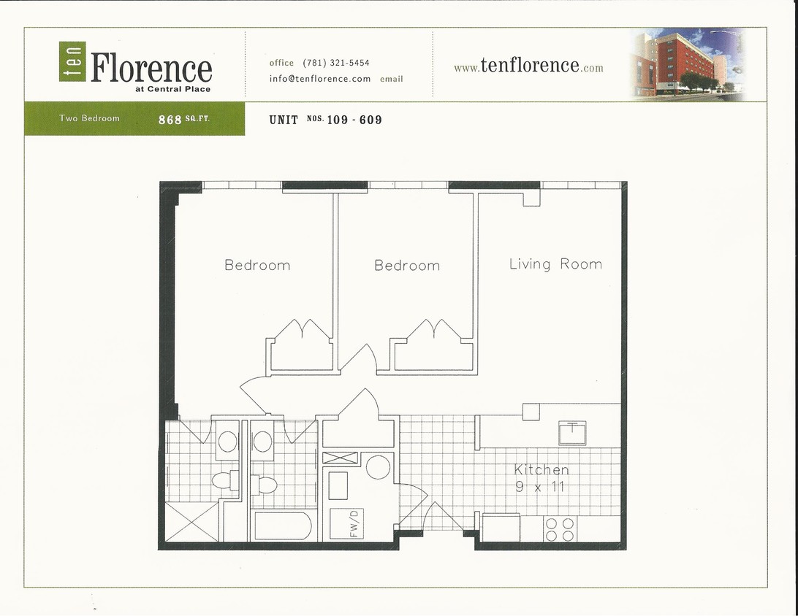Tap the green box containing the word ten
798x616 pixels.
(72, 61)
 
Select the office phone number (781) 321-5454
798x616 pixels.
(336, 63)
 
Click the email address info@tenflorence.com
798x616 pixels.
(320, 79)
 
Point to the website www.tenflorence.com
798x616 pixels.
(528, 66)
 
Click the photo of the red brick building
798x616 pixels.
(687, 64)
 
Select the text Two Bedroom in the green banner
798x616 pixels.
(89, 118)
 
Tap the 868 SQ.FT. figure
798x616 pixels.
(183, 119)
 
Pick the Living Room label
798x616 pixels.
(555, 264)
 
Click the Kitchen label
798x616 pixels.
(541, 470)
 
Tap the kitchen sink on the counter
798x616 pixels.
(573, 432)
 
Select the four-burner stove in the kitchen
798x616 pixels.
(560, 529)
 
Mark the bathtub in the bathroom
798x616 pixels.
(283, 525)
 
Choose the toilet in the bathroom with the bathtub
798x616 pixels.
(265, 484)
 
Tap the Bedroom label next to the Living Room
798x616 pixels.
(407, 266)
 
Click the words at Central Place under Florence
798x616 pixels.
(178, 89)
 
